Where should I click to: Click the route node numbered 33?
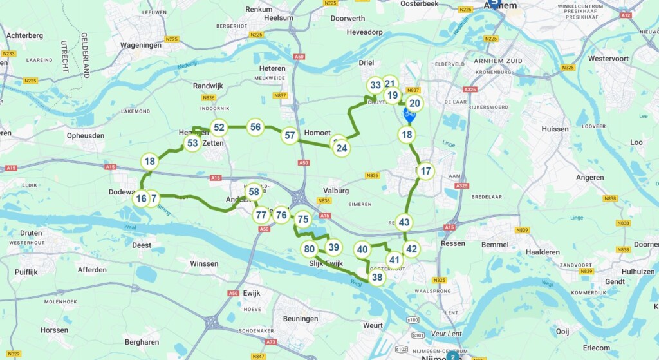click(375, 85)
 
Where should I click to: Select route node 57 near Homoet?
click(290, 135)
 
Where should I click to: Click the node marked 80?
click(310, 249)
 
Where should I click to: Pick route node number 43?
click(404, 222)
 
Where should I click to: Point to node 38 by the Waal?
click(377, 278)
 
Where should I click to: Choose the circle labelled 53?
click(191, 143)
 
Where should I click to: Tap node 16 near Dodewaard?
click(141, 198)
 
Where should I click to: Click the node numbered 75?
click(303, 219)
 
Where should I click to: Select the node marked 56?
click(255, 127)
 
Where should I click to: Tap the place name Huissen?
click(555, 129)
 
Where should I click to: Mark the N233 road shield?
click(9, 53)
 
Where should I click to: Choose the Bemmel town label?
click(494, 245)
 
